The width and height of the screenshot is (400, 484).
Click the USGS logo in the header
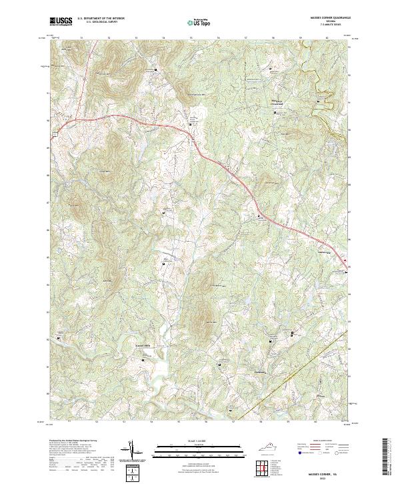click(x=60, y=21)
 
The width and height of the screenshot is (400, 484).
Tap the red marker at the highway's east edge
click(x=345, y=261)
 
